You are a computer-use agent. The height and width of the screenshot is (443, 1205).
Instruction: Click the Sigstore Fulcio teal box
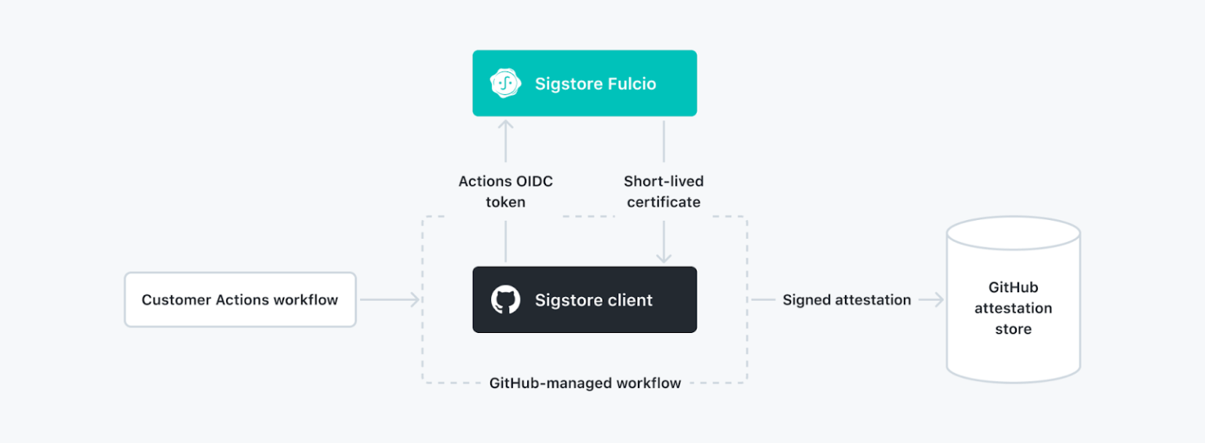[584, 83]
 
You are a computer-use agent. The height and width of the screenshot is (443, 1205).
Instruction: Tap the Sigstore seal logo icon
[505, 83]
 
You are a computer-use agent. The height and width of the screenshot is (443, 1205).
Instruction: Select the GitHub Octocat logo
[505, 300]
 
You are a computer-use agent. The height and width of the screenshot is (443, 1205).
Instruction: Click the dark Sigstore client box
[584, 300]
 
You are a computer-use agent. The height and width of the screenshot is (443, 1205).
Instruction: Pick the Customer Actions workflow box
[240, 300]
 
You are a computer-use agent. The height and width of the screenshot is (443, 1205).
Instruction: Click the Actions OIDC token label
[505, 192]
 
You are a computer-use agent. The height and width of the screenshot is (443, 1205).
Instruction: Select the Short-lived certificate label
[664, 192]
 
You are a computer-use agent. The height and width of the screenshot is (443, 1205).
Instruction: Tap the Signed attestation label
[846, 300]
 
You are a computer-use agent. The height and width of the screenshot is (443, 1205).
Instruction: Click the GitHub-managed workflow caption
[584, 383]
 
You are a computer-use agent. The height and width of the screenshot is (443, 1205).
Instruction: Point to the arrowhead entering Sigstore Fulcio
[505, 125]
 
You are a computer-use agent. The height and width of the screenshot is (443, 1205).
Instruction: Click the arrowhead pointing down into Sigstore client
[664, 258]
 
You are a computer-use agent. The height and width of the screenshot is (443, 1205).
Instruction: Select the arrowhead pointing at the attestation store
[938, 300]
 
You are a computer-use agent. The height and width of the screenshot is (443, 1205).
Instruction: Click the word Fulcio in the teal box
[627, 83]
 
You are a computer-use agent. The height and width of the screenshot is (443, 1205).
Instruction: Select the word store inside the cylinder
[1013, 329]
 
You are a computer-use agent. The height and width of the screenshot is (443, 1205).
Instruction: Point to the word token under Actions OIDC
[505, 202]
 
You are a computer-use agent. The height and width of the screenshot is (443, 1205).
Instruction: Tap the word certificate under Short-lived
[664, 202]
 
